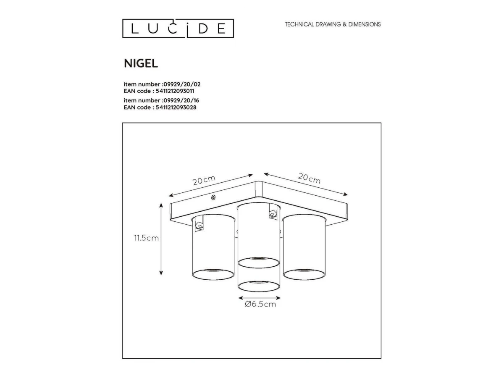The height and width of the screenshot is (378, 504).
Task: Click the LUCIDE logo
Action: tap(178, 28)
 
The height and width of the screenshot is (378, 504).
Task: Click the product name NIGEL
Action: tap(141, 63)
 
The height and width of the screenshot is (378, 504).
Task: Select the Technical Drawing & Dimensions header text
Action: tap(333, 24)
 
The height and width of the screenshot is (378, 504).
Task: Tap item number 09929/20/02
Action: tap(162, 84)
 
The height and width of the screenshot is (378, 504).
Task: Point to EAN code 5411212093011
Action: tap(159, 91)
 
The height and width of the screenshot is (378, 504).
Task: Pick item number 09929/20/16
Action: tap(161, 100)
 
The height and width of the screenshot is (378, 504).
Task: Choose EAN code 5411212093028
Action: tap(160, 108)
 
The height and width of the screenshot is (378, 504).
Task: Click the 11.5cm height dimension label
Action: tap(147, 238)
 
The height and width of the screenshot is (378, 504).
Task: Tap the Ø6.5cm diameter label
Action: tap(260, 304)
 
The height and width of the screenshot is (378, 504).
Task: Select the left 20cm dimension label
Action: tap(204, 180)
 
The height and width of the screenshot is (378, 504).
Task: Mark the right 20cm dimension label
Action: tap(309, 178)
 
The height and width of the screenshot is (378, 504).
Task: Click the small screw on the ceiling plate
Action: tap(213, 197)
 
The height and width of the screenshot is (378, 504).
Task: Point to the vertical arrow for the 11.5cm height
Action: tap(161, 239)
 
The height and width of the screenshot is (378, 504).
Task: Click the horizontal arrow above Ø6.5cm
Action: tap(260, 298)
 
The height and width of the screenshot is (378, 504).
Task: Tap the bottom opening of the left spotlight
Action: tap(213, 274)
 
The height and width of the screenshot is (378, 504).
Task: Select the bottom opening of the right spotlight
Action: tap(304, 274)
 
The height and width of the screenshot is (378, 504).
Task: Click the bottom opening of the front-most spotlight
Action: tap(259, 286)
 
